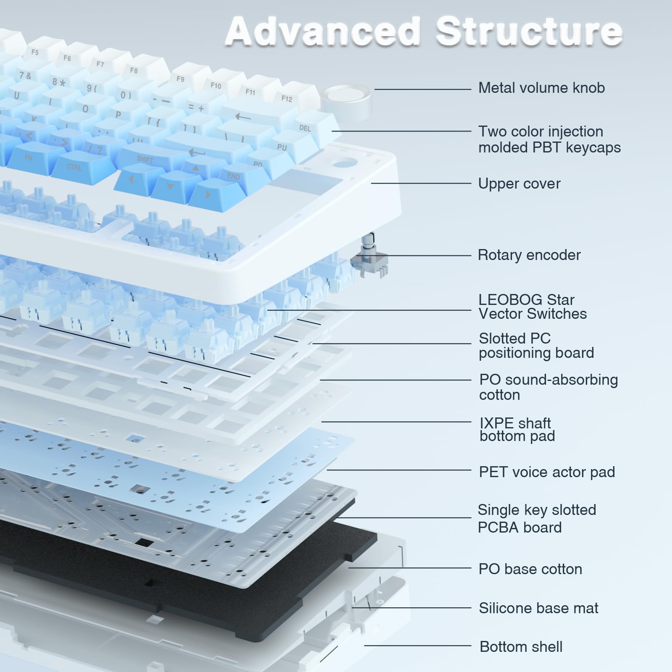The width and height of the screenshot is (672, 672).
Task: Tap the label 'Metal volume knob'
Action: (x=541, y=88)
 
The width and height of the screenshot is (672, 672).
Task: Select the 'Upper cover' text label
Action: (x=519, y=184)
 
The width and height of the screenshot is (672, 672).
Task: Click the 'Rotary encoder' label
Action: (x=529, y=255)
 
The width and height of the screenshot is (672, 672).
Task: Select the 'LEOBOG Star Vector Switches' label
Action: (x=533, y=307)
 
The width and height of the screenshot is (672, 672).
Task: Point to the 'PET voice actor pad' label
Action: (x=547, y=472)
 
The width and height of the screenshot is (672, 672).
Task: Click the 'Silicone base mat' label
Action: (x=538, y=608)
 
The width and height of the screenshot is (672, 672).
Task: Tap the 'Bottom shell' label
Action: (x=521, y=646)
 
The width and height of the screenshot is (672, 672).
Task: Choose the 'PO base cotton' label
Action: (x=530, y=569)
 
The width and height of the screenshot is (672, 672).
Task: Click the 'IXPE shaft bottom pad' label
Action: (x=517, y=429)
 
